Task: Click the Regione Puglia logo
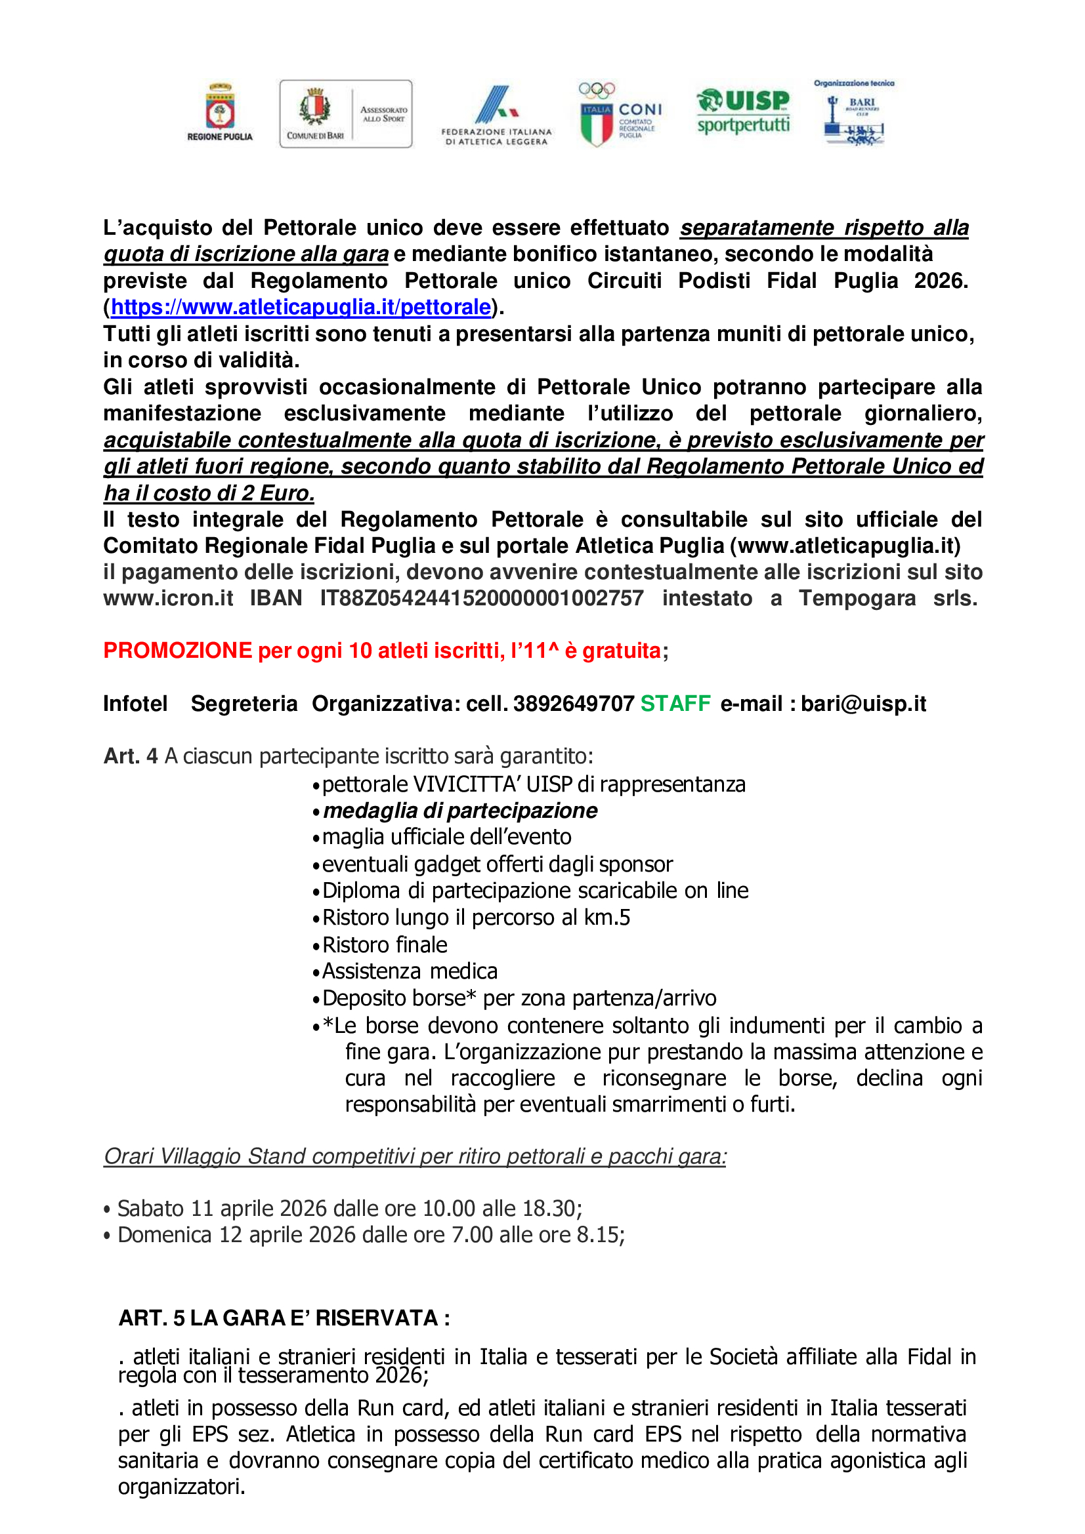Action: pos(219,112)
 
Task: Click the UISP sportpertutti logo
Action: pos(743,111)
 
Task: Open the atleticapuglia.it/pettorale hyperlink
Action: pos(301,308)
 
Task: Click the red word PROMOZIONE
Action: pos(177,651)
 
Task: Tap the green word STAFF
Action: pos(675,704)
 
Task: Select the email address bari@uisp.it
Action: pos(863,704)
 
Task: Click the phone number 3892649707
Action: pos(574,704)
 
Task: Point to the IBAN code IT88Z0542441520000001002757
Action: pos(481,598)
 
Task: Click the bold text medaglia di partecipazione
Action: pos(460,811)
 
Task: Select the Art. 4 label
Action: pos(131,756)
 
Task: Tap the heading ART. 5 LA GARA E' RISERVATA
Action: pos(284,1318)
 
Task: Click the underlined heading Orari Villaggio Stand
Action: pos(414,1156)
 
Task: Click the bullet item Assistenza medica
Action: pos(410,971)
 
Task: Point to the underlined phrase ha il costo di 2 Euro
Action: pos(209,493)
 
